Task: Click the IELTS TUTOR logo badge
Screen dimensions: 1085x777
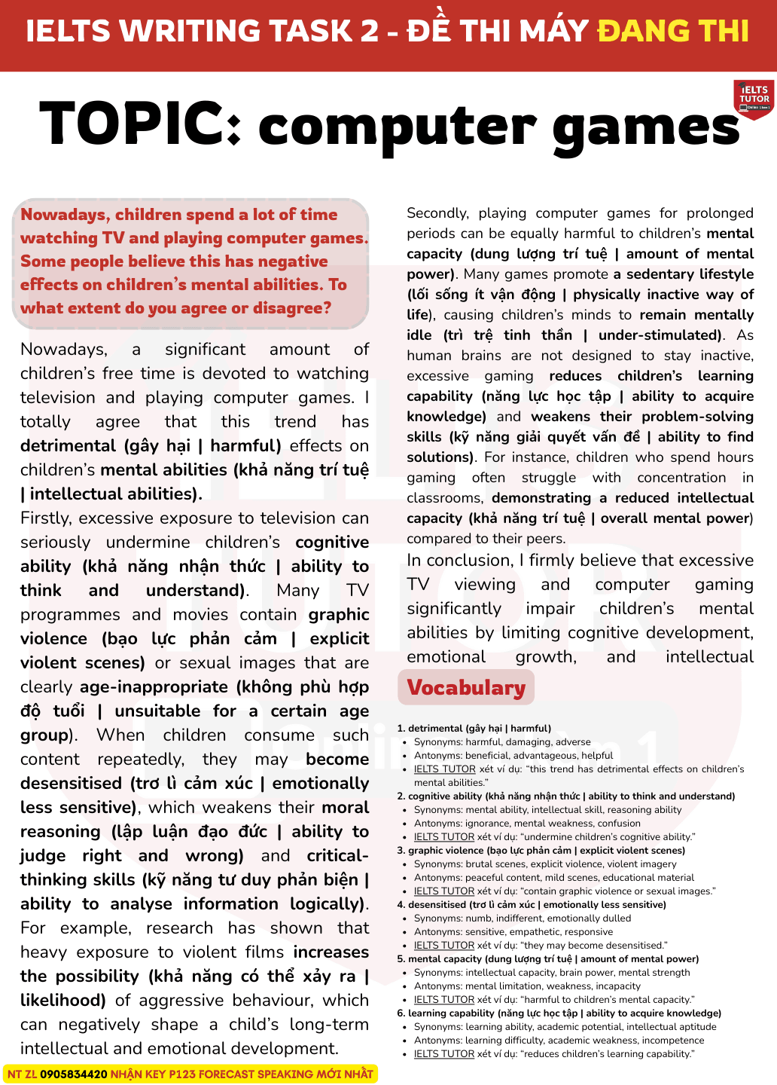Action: pyautogui.click(x=754, y=99)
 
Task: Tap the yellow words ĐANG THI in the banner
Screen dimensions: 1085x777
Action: pyautogui.click(x=673, y=32)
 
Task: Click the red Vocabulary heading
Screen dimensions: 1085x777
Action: pyautogui.click(x=466, y=687)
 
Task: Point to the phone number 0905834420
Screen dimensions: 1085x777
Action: pyautogui.click(x=74, y=1074)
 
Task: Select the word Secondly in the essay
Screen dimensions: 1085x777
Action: pyautogui.click(x=437, y=213)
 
